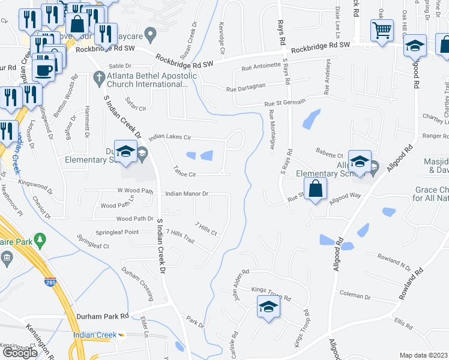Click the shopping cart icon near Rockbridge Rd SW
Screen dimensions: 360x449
[382, 29]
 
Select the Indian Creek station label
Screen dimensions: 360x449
[95, 335]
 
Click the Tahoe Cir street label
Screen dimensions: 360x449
[184, 171]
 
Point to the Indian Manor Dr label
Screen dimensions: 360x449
[187, 194]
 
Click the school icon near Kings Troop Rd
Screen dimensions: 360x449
[269, 308]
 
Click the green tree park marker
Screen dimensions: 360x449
[40, 240]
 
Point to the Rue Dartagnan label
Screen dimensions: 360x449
[246, 89]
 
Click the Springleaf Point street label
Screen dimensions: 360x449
[117, 233]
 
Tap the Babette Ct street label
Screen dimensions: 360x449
[331, 155]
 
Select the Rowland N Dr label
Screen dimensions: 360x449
[394, 260]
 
